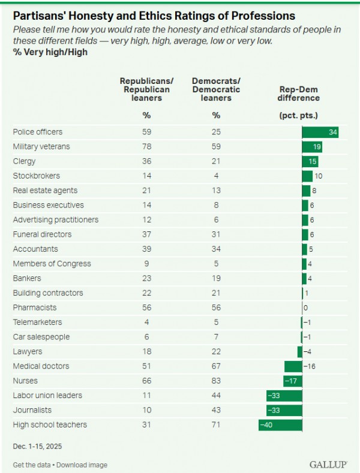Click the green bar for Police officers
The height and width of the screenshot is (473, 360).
coord(320,132)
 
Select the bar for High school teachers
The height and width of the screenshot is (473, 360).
coord(280,425)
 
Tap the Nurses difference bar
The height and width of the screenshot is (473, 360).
coord(293,381)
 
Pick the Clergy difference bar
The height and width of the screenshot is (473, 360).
coord(310,161)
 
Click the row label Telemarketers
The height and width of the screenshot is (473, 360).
coord(37,323)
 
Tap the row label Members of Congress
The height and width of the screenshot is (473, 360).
coord(52,264)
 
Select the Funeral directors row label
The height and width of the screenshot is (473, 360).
coord(42,234)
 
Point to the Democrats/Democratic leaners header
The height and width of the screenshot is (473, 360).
coord(216,89)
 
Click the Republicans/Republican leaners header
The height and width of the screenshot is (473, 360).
coord(145,89)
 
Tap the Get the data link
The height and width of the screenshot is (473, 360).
coord(33,465)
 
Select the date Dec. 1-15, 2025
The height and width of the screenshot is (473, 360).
coord(37,447)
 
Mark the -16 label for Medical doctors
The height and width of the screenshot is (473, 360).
coord(310,366)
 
